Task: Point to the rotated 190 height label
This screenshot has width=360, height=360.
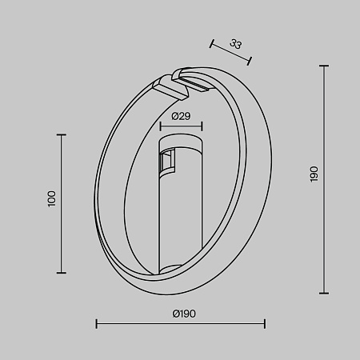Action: pos(314,174)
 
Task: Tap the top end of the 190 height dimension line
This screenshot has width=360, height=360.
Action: pos(324,65)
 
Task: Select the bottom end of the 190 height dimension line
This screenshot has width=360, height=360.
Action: pos(324,293)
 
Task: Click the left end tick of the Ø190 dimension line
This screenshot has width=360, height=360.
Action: pos(96,323)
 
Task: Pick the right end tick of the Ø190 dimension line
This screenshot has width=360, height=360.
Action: pos(265,323)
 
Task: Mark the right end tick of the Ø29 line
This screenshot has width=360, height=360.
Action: pos(202,126)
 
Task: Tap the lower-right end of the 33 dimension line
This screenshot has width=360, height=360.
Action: pos(250,60)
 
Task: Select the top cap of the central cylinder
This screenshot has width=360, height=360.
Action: pos(181,142)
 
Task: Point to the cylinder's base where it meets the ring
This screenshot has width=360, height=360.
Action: pos(181,269)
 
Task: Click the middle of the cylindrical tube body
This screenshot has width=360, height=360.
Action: pos(181,212)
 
